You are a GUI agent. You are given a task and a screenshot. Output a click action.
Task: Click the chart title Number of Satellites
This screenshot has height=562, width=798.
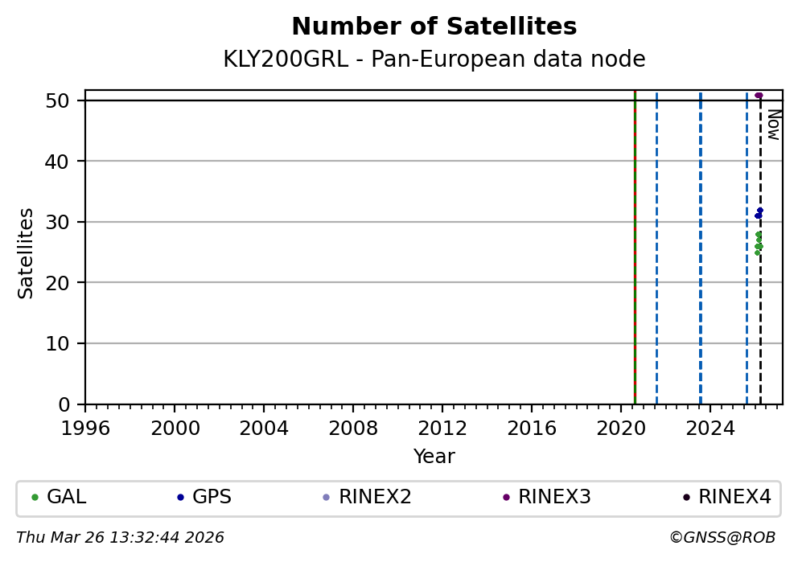click(434, 27)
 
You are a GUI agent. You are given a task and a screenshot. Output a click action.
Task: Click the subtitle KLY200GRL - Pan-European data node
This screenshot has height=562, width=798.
click(434, 59)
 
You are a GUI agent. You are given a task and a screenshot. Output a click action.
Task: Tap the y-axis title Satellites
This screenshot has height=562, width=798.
click(27, 253)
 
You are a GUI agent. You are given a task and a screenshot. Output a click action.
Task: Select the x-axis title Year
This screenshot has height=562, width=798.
click(434, 457)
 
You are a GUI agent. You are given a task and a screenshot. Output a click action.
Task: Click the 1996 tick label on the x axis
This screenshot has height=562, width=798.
click(86, 427)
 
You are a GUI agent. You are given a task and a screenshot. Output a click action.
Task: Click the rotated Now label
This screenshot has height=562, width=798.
click(772, 124)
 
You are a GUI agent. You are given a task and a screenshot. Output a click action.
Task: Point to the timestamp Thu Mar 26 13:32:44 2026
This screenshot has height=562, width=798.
click(120, 537)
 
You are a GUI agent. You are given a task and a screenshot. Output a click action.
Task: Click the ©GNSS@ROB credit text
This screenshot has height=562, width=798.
click(722, 537)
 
